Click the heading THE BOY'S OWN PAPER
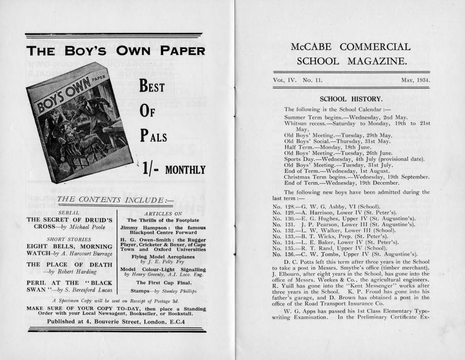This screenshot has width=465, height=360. (x=115, y=51)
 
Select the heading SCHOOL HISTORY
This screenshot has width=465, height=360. (x=351, y=99)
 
